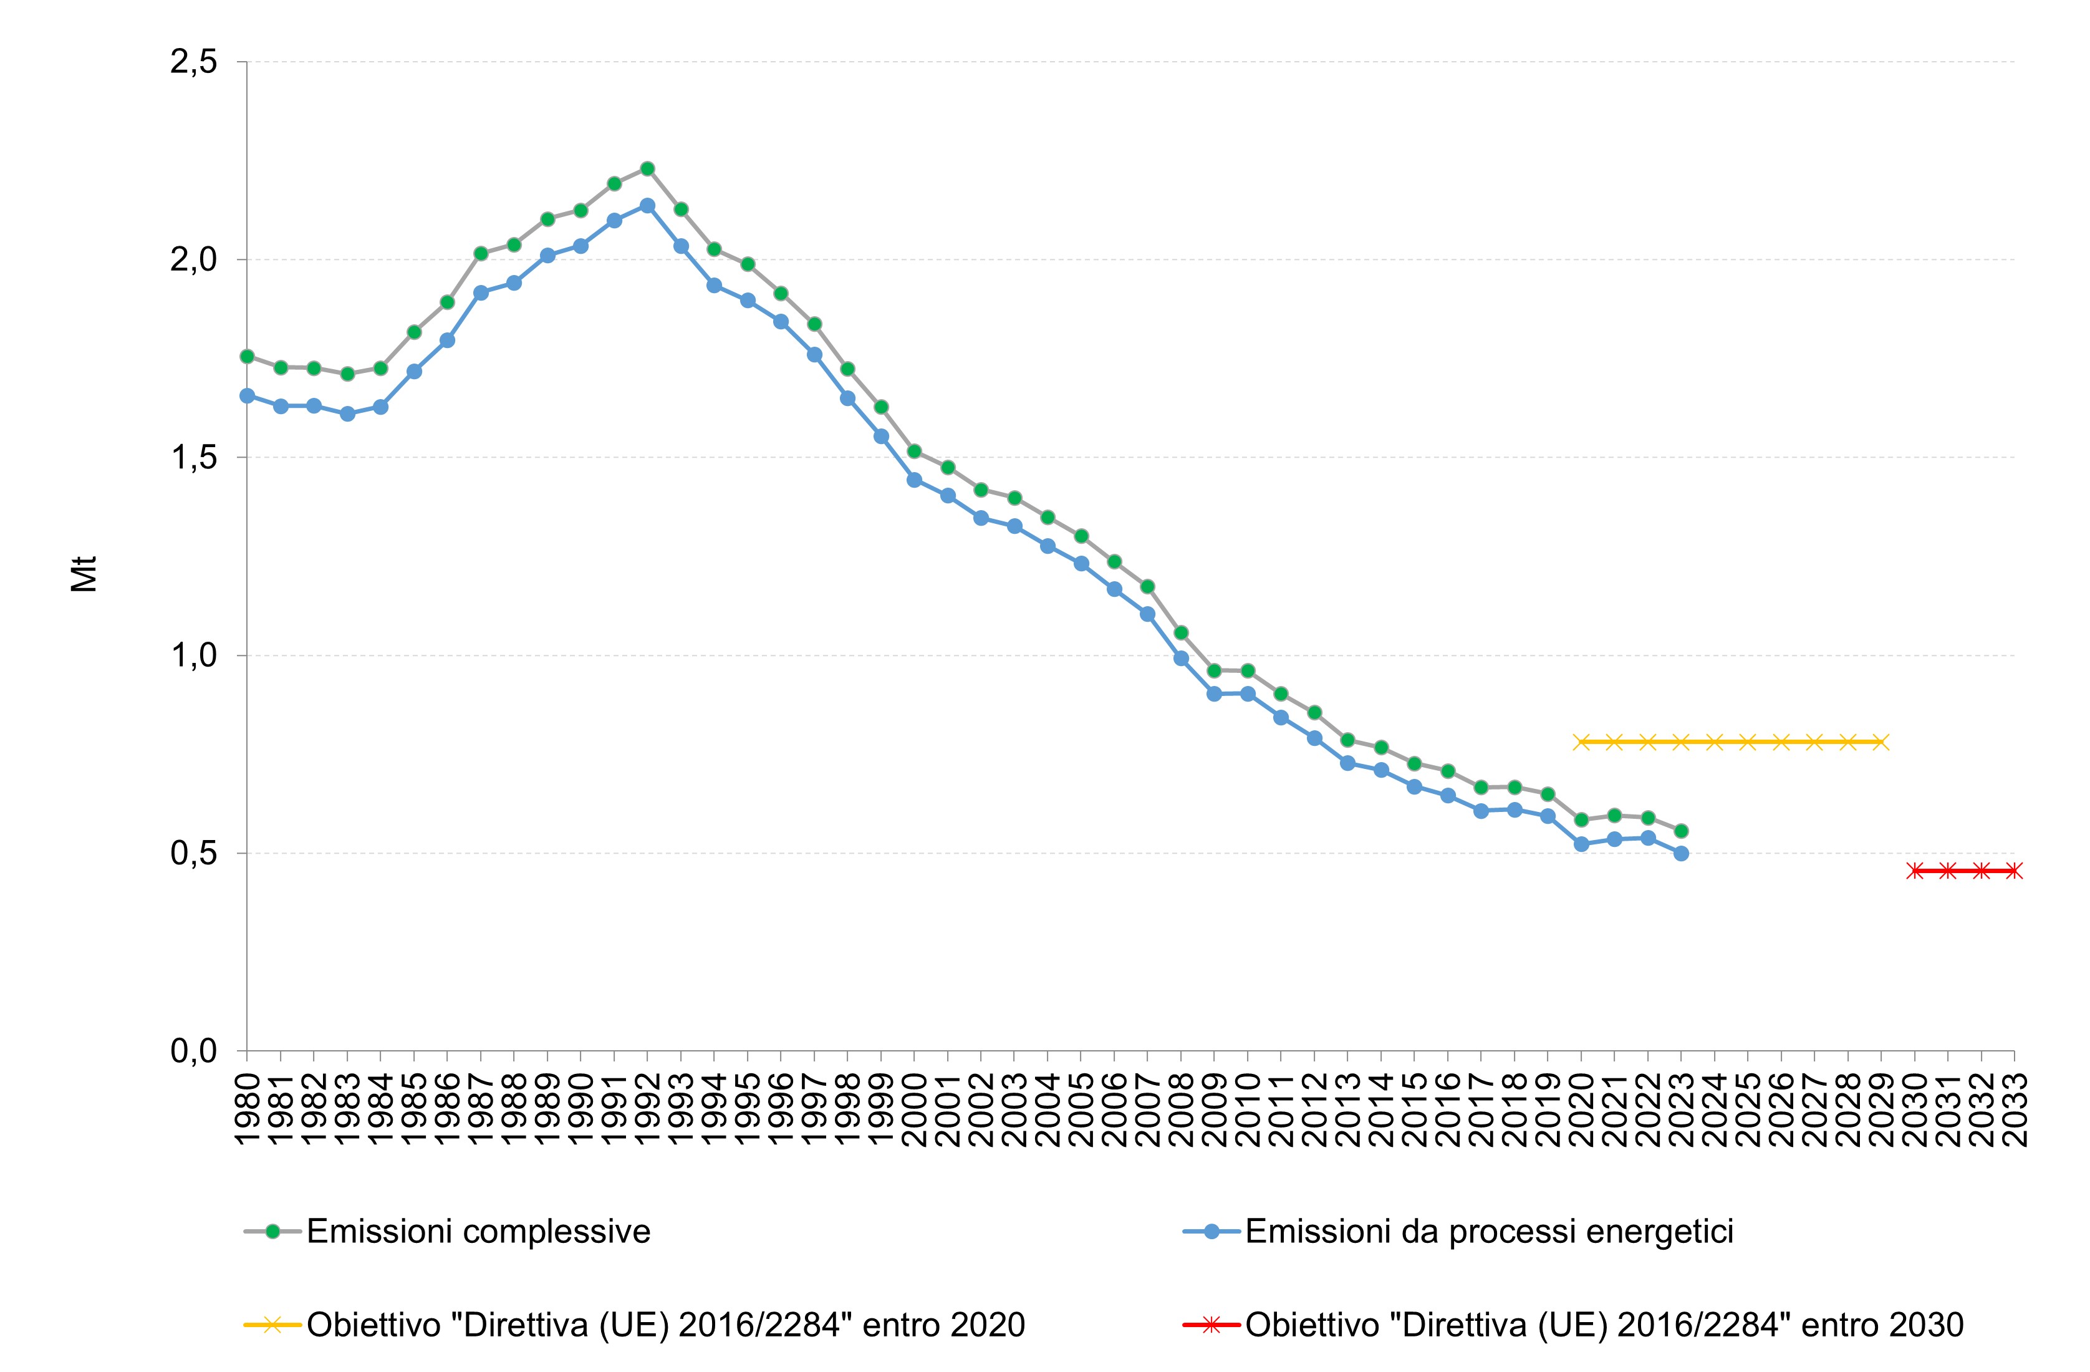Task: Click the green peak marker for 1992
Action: (x=647, y=168)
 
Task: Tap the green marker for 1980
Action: (x=247, y=355)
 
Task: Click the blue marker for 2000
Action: (x=914, y=480)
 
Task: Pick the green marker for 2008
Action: (x=1181, y=632)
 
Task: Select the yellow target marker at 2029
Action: (x=1880, y=742)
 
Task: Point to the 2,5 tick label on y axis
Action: (x=194, y=62)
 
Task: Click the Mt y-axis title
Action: (x=84, y=574)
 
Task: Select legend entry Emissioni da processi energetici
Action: (x=1488, y=1232)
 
